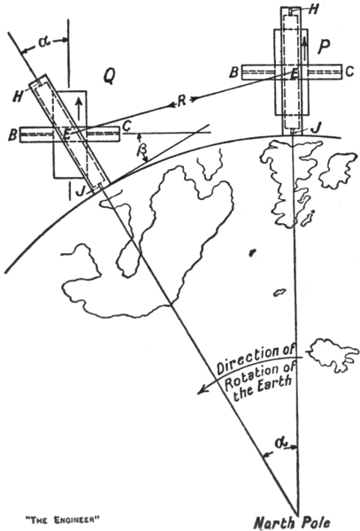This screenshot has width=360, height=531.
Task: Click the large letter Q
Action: coord(109,78)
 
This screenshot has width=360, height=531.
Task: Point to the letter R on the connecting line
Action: coord(182,101)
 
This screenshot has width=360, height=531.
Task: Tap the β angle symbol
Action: coord(140,150)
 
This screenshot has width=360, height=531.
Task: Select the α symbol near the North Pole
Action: coord(280,443)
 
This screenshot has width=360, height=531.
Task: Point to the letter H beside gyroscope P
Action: coord(314,10)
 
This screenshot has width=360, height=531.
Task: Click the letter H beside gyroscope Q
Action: coord(18,96)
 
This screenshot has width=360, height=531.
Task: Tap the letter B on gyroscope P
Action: coord(234,73)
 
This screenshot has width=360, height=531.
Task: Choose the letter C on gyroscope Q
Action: coord(126,126)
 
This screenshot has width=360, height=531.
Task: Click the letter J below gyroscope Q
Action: coord(80,191)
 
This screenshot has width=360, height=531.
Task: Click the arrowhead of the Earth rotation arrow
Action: coord(202,390)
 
